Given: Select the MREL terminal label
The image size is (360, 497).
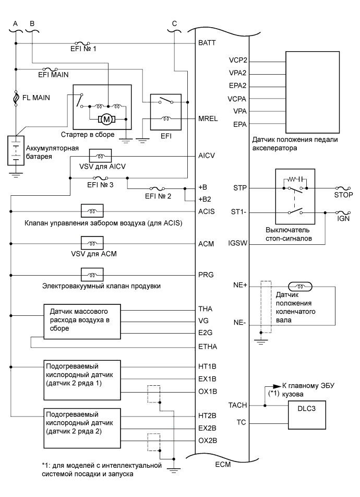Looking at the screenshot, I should click(208, 119).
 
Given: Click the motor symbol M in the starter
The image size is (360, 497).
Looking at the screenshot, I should click(107, 119).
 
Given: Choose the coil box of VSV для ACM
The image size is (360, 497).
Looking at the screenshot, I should click(91, 243).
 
